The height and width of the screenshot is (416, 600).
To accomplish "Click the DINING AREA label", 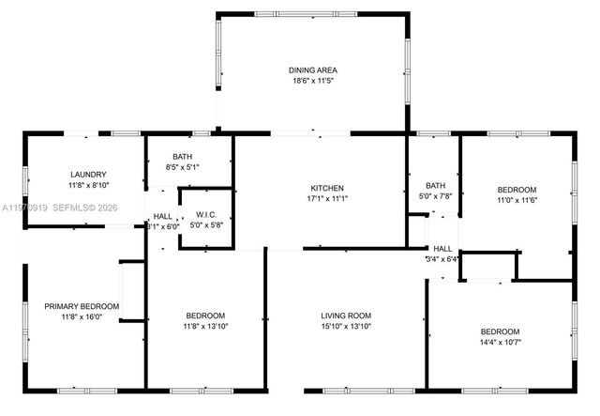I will click(312, 69).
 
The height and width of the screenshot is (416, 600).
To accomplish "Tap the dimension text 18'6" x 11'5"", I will click(312, 81).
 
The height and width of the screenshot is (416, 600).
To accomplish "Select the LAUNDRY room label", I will click(88, 175).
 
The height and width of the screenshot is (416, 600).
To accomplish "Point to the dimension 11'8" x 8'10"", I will click(88, 186).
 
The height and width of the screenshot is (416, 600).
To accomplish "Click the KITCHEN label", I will click(327, 188).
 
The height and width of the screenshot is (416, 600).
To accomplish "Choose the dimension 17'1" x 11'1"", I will click(327, 199).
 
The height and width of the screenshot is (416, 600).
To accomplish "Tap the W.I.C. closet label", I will click(206, 214).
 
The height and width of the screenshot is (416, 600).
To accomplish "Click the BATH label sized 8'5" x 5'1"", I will click(182, 157).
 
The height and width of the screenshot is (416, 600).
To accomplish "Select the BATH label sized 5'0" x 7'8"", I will click(435, 185).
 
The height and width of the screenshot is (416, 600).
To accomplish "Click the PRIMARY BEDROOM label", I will click(82, 306).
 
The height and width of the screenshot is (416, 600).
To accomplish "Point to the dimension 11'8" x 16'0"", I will click(82, 317).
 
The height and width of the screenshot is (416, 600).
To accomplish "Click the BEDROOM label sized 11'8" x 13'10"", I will click(204, 315).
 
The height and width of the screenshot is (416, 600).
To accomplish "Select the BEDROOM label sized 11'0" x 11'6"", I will click(517, 189).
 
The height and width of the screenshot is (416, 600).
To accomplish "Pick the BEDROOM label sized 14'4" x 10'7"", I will click(500, 331).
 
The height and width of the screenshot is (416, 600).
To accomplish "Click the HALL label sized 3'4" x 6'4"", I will click(442, 248).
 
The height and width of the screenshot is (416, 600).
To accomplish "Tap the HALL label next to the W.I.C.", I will click(162, 215).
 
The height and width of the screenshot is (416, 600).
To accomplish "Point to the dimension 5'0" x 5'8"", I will click(206, 225).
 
